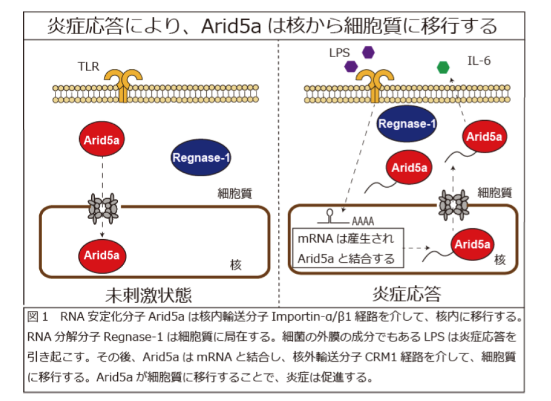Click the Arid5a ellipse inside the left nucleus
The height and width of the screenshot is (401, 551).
point(102,254)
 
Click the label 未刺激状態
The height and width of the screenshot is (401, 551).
point(148,295)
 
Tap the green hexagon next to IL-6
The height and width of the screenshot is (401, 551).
point(443,67)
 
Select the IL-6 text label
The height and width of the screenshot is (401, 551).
point(479,60)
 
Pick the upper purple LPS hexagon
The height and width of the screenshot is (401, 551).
point(368,52)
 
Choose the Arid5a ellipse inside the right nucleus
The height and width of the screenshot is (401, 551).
point(472,244)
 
